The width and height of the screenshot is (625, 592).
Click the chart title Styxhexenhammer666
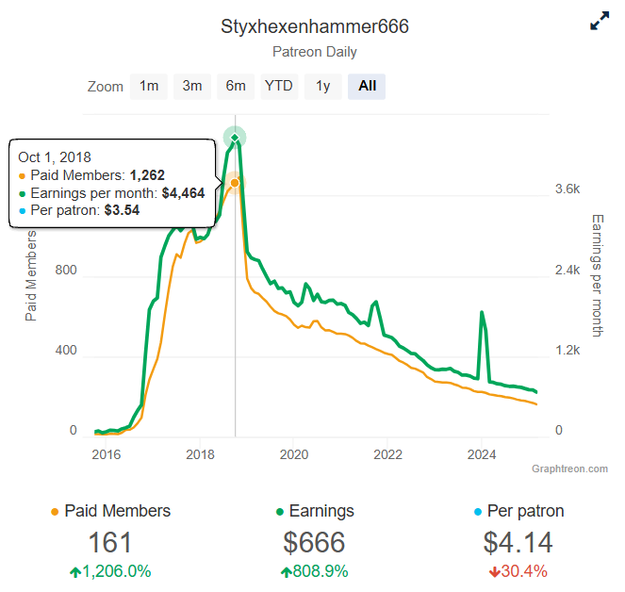tap(315, 26)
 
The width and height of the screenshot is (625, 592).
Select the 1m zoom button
tap(149, 86)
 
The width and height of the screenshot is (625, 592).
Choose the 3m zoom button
tap(192, 86)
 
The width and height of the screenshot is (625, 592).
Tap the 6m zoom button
tap(236, 86)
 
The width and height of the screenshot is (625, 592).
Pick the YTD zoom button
tap(279, 86)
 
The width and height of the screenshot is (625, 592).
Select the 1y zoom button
tap(322, 86)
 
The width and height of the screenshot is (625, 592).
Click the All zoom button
tap(367, 86)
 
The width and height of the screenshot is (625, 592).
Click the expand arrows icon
tap(600, 21)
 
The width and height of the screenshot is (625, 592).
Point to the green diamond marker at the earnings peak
tap(235, 138)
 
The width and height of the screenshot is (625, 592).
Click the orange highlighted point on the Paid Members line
tap(235, 183)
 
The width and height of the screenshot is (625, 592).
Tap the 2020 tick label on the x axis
tap(294, 454)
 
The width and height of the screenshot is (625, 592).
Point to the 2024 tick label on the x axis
tap(482, 454)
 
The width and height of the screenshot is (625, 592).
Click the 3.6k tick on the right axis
tap(567, 189)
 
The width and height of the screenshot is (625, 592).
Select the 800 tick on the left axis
tap(66, 270)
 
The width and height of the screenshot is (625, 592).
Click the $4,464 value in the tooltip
tap(184, 193)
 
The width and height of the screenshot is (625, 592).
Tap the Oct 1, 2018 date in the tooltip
tap(55, 157)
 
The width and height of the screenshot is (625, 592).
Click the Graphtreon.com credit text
tap(570, 469)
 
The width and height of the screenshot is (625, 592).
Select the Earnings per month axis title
tap(598, 275)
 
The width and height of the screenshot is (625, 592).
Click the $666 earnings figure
tap(314, 543)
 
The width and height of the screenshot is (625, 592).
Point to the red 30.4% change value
tap(518, 571)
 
